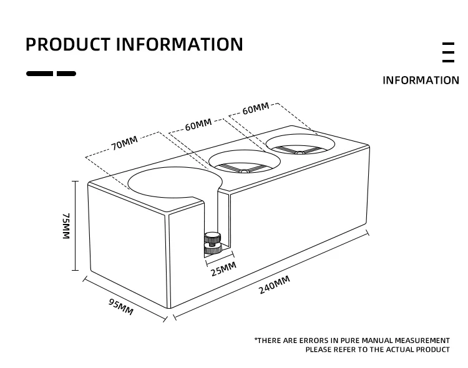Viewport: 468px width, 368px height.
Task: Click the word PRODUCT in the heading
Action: pos(68,45)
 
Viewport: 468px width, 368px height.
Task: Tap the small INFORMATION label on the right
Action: pos(420,80)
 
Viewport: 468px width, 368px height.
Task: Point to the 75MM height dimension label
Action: pos(66,226)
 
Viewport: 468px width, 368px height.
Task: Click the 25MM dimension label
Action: pos(223,269)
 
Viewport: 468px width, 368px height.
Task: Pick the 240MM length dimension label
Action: pos(275,285)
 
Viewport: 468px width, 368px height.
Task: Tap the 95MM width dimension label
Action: pos(121,307)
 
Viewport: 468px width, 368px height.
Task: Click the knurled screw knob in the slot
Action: pos(213,243)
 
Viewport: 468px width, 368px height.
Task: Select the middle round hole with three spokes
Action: pos(244,164)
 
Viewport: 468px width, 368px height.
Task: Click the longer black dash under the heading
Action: pos(39,74)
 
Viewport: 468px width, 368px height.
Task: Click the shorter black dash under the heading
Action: pos(66,74)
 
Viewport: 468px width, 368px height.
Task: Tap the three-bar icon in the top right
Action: pos(448,52)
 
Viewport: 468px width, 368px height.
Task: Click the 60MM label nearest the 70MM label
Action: pos(198,125)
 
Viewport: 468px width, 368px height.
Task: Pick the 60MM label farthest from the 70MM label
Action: pos(256,109)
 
